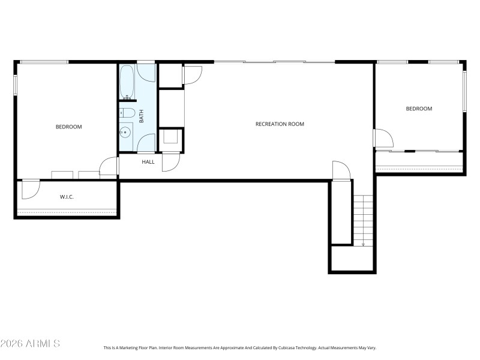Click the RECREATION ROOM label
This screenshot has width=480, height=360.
280,124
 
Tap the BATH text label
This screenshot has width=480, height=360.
142,116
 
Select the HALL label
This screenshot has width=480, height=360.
148,162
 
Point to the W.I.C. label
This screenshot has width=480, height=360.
67,197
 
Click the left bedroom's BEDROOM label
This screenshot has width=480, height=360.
68,127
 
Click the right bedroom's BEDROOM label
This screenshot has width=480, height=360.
419,109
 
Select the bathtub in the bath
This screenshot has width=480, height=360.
127,82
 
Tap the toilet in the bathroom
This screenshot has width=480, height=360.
127,112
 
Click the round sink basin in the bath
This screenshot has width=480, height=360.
126,131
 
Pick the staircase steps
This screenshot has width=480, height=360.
363,219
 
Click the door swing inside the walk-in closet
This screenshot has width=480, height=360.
30,189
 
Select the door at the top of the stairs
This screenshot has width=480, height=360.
340,170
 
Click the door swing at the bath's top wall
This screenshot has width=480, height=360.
146,71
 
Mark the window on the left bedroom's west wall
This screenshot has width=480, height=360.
16,84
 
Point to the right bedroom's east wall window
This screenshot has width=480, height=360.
464,91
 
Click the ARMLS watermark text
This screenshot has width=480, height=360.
30,344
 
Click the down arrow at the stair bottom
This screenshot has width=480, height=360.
363,244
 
